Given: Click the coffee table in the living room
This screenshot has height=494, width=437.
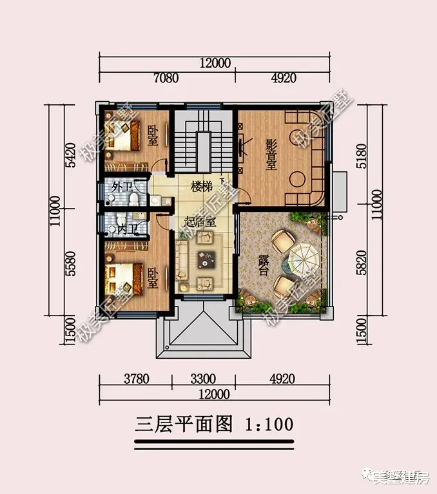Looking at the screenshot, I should [208, 260].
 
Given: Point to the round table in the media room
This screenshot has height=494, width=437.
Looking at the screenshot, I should [297, 178].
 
